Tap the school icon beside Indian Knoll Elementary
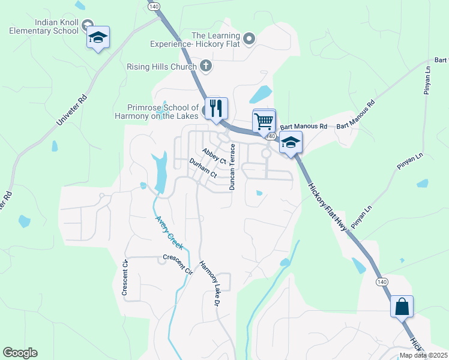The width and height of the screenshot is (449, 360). (97, 38)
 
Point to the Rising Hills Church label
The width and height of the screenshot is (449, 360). (162, 67)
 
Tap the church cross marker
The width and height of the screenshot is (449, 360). (205, 66)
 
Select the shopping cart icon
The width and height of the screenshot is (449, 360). (264, 120)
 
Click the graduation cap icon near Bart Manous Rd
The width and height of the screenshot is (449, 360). (291, 143)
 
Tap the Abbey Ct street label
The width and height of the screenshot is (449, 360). (214, 157)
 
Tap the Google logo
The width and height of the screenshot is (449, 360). (20, 353)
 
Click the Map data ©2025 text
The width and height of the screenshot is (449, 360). (423, 355)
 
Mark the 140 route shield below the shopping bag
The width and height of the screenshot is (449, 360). (381, 281)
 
